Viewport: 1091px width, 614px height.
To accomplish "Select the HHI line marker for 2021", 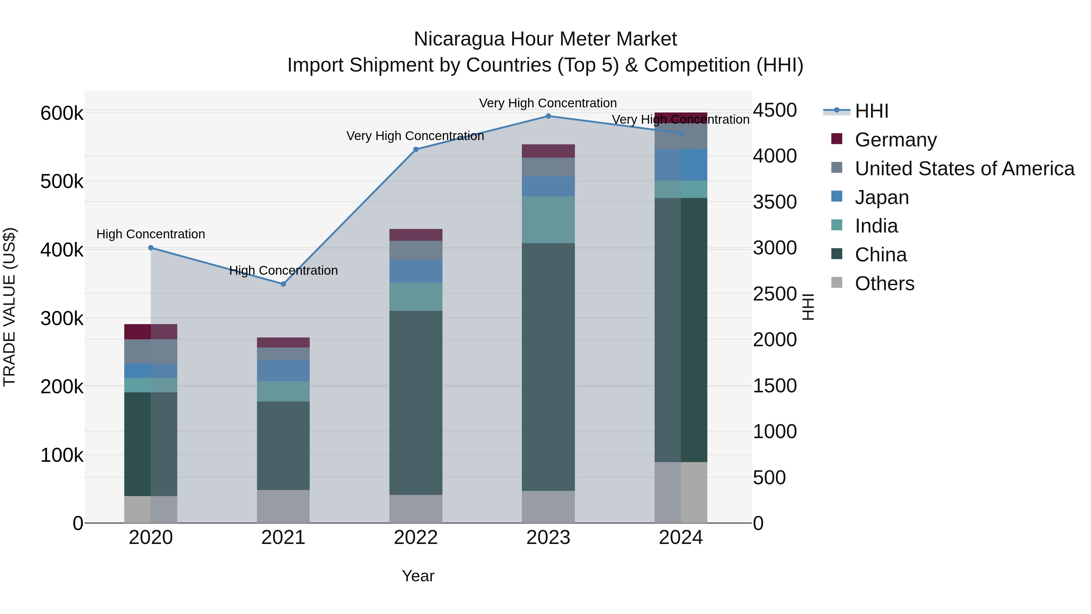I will pos(283,284).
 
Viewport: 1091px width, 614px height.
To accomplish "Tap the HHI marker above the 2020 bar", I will pos(151,248).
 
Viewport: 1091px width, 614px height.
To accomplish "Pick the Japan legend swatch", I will pos(837,196).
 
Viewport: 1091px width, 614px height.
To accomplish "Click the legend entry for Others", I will pos(884,284).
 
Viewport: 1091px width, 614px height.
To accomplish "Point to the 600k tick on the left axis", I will pos(62,114).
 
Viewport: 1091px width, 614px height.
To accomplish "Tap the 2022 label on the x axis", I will pos(415,538).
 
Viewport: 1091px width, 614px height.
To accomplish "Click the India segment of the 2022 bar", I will pos(415,297).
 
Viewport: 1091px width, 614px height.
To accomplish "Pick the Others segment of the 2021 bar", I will pos(283,506).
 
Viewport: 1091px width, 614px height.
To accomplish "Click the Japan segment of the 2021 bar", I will pos(283,371).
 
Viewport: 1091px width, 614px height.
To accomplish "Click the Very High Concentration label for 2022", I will pos(415,136).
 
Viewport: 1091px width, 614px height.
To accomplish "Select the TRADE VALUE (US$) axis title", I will pos(9,307).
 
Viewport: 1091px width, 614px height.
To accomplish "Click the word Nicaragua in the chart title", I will pos(459,39).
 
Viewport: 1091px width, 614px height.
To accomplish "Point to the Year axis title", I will pos(418,576).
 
